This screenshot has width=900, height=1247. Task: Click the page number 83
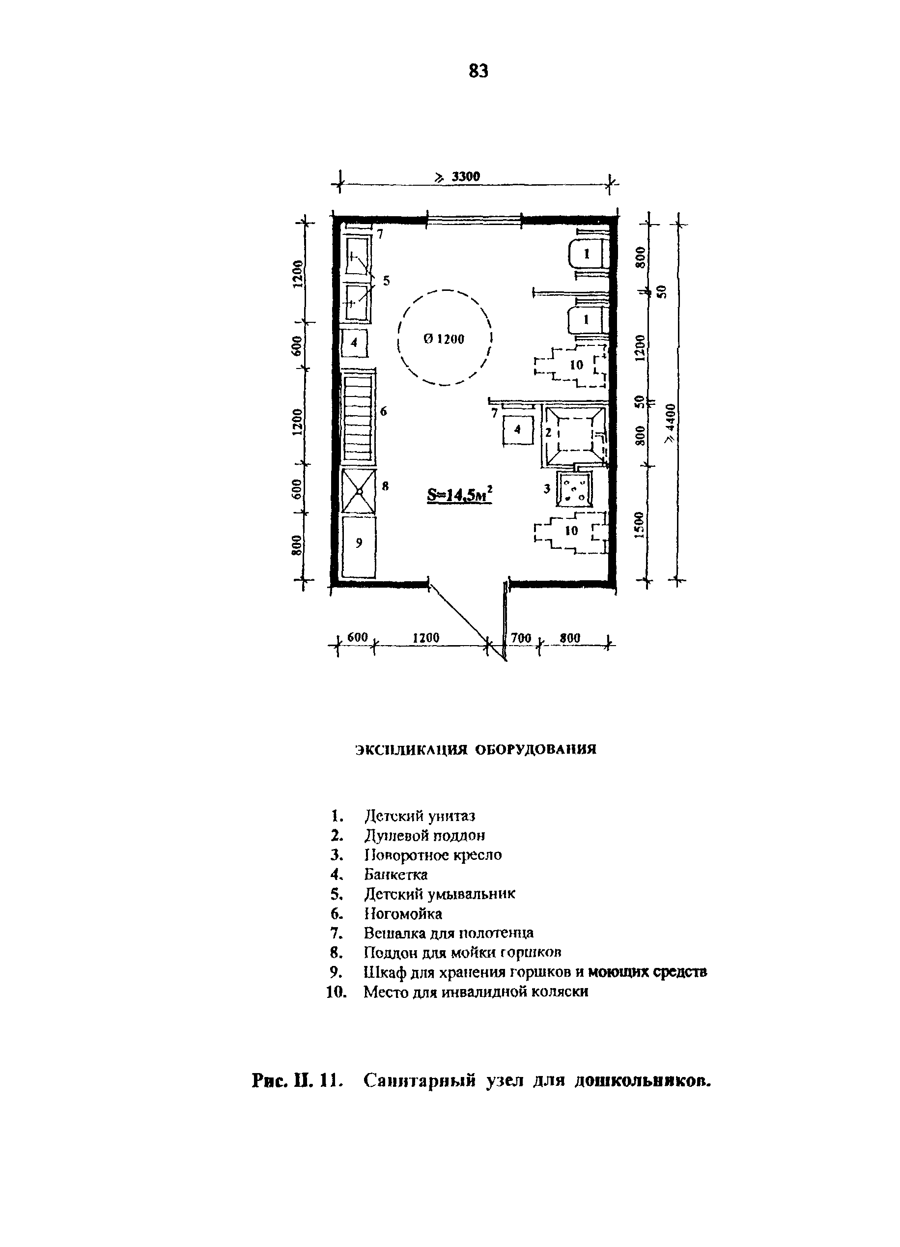point(478,71)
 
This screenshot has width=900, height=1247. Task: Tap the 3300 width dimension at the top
point(465,176)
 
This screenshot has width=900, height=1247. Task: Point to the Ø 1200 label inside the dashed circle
point(444,339)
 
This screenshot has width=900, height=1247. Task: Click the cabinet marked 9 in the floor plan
point(359,546)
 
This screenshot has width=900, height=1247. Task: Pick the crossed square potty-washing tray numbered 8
point(359,490)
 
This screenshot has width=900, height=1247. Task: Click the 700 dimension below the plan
point(521,638)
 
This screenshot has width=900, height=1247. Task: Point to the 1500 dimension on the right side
point(639,526)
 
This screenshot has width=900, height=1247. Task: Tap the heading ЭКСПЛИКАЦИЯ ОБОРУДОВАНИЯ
point(476,750)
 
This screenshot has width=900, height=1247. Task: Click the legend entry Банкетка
point(396,874)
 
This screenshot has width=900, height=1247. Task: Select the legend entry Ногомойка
point(403,914)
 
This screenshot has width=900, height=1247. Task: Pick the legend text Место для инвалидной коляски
point(476,992)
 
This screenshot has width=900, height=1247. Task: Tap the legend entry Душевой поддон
point(424,836)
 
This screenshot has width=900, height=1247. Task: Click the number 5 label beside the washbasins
point(387,281)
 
